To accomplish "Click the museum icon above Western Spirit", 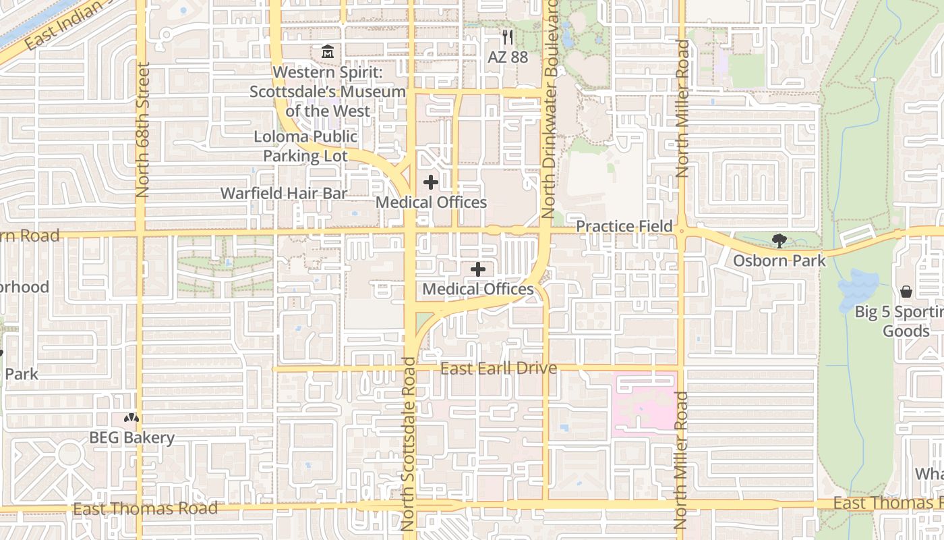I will tap(328, 51).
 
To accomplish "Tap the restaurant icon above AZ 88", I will tap(508, 37).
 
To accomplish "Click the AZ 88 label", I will tap(508, 57).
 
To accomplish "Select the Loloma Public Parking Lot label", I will tap(305, 146).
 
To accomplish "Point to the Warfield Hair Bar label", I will tap(284, 193).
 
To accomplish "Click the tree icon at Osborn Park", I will tap(779, 241).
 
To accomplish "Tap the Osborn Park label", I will tap(779, 260).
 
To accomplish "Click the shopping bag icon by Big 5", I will tap(906, 292).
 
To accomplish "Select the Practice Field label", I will tap(624, 226).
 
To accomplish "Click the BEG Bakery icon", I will tap(131, 418).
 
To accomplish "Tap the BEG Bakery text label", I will tap(131, 437).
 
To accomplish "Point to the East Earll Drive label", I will tap(498, 368).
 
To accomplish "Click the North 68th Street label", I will tap(142, 130).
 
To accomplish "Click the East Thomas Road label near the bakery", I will tap(145, 508).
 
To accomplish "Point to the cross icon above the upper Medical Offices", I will tap(431, 182).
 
